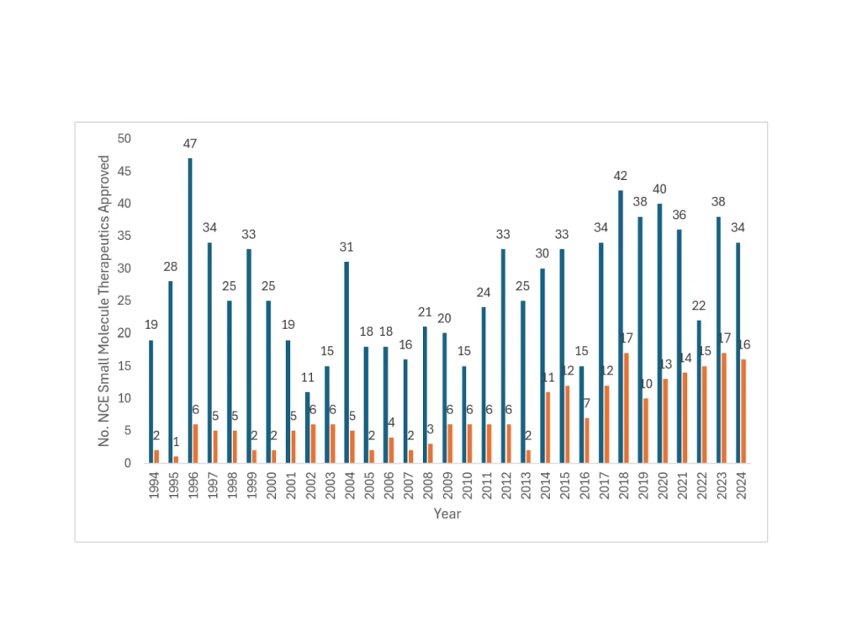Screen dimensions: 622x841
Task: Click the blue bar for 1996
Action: tap(190, 311)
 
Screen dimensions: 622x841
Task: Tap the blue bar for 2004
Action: tap(346, 362)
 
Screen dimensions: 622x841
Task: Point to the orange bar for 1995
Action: tap(177, 460)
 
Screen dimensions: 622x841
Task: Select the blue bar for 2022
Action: tap(699, 391)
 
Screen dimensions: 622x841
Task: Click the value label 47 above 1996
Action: tap(190, 144)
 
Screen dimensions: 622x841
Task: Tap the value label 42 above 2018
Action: tap(621, 176)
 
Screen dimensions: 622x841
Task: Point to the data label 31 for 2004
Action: tap(346, 247)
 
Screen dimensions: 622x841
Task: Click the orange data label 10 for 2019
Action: tap(646, 384)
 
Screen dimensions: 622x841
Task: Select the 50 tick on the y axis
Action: tap(124, 139)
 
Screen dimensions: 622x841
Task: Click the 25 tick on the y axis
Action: tap(124, 301)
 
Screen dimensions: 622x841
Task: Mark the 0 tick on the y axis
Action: tap(128, 463)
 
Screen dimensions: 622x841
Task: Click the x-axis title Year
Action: tap(447, 513)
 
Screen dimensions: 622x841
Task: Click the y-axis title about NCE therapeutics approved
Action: tap(104, 300)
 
